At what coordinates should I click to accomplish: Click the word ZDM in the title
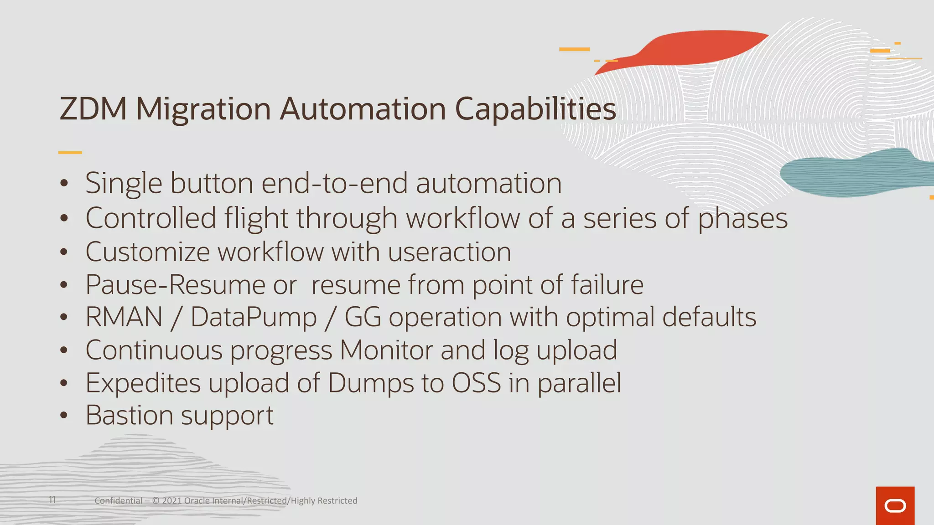point(93,109)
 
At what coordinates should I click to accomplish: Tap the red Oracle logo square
point(895,505)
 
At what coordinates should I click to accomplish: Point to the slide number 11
point(52,500)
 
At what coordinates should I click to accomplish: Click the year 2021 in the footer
point(172,501)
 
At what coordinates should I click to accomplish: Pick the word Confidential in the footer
point(118,501)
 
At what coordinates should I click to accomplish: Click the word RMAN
point(124,317)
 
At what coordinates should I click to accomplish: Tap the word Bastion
point(129,415)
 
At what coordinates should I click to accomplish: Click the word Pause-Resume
point(176,285)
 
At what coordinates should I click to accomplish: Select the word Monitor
point(386,350)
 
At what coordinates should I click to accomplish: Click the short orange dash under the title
point(70,152)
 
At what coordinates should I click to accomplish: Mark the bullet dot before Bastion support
point(64,416)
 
